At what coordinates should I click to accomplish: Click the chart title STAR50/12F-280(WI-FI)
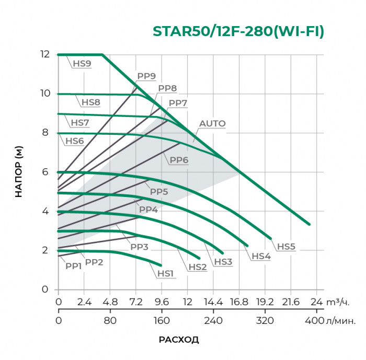tap(238, 31)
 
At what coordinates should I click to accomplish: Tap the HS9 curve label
tap(82, 64)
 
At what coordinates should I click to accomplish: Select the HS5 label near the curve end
tap(286, 246)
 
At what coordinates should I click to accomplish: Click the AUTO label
tap(212, 124)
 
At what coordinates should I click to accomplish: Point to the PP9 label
tap(146, 76)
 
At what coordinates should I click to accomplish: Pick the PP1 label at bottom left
tap(73, 265)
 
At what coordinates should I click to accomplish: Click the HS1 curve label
tap(165, 273)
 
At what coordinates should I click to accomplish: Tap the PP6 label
tap(179, 160)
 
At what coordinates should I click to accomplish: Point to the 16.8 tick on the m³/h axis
tap(239, 302)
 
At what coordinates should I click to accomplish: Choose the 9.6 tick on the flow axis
tap(162, 302)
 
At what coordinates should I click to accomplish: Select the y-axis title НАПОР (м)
tap(19, 172)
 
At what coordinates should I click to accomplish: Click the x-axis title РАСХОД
tap(179, 340)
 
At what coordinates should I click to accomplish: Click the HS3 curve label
tap(222, 261)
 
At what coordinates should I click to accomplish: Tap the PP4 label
tap(148, 210)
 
